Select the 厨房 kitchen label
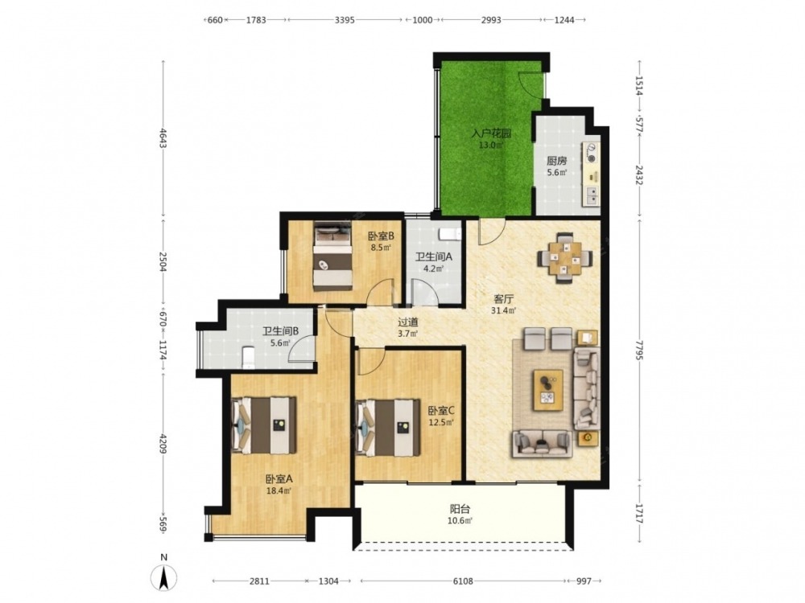click(556, 161)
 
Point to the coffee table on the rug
click(548, 390)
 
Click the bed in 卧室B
click(333, 256)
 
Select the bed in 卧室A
click(264, 425)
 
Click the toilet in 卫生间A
click(450, 234)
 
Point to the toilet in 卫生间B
click(248, 357)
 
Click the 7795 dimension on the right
click(639, 348)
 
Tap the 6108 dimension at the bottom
click(463, 581)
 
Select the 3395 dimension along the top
click(345, 20)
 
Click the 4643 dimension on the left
click(163, 137)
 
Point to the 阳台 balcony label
click(460, 509)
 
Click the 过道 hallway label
click(408, 322)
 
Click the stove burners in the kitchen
click(592, 154)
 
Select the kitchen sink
click(592, 195)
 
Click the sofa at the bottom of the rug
click(542, 444)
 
